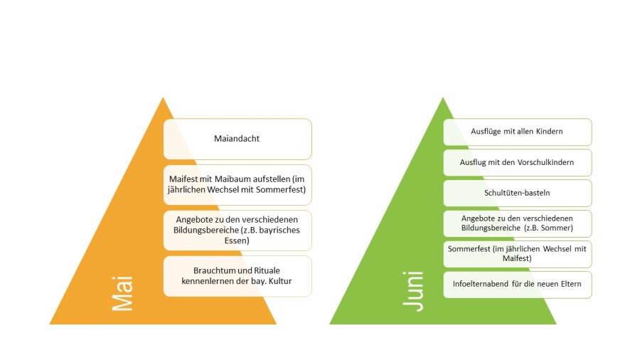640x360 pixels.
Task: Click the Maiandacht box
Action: pyautogui.click(x=237, y=139)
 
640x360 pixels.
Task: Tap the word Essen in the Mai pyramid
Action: pyautogui.click(x=238, y=240)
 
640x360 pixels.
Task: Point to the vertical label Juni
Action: pyautogui.click(x=413, y=290)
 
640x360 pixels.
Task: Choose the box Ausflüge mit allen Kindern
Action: pyautogui.click(x=517, y=132)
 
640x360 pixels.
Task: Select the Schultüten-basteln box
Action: pyautogui.click(x=517, y=193)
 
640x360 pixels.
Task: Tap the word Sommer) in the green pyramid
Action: pyautogui.click(x=555, y=228)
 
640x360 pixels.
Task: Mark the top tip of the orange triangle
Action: pyautogui.click(x=163, y=97)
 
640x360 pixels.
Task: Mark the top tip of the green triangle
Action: pyautogui.click(x=442, y=97)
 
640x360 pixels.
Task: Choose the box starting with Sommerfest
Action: pyautogui.click(x=517, y=253)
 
